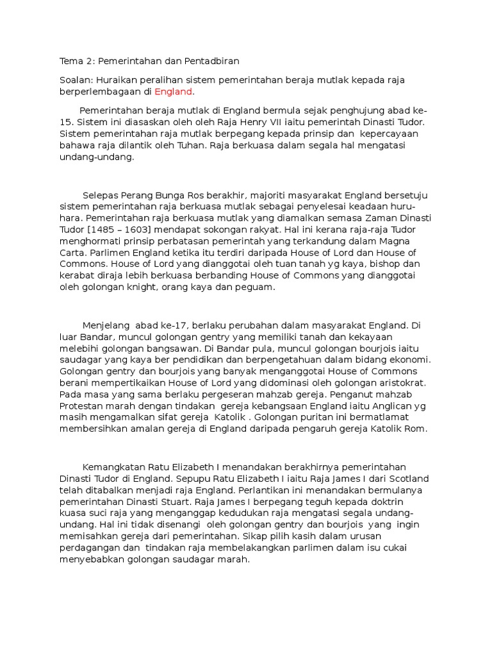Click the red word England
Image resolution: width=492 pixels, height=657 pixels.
point(173,92)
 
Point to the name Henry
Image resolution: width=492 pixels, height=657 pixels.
point(279,121)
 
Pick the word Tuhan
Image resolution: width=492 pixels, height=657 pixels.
point(180,146)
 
